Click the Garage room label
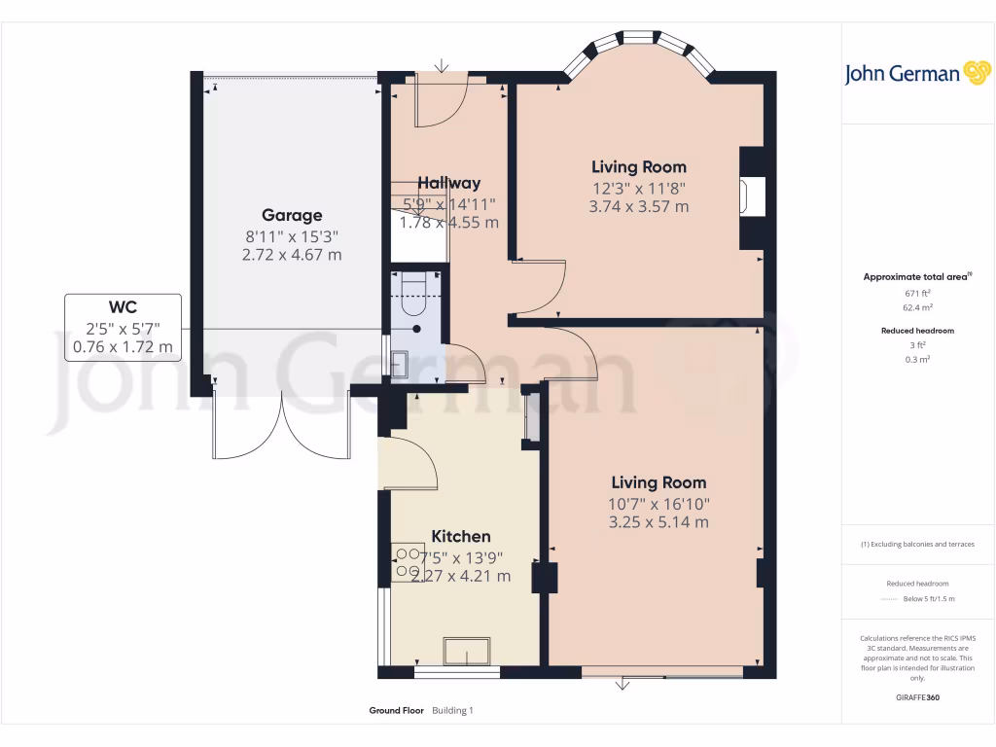pyautogui.click(x=291, y=215)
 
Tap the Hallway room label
pyautogui.click(x=448, y=183)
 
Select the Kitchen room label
pyautogui.click(x=460, y=536)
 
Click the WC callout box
pyautogui.click(x=123, y=328)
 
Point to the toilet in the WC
pyautogui.click(x=413, y=296)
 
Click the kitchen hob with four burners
pyautogui.click(x=407, y=563)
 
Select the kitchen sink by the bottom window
pyautogui.click(x=467, y=650)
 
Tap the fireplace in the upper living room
pyautogui.click(x=752, y=198)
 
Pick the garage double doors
pyautogui.click(x=281, y=424)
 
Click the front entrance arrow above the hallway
pyautogui.click(x=443, y=66)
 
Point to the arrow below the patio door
pyautogui.click(x=622, y=685)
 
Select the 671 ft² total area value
pyautogui.click(x=918, y=293)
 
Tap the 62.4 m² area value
pyautogui.click(x=918, y=306)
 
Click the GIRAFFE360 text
pyautogui.click(x=918, y=697)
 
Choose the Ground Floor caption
pyautogui.click(x=396, y=711)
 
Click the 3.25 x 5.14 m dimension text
pyautogui.click(x=659, y=522)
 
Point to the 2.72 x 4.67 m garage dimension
pyautogui.click(x=291, y=255)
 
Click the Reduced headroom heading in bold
pyautogui.click(x=918, y=331)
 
